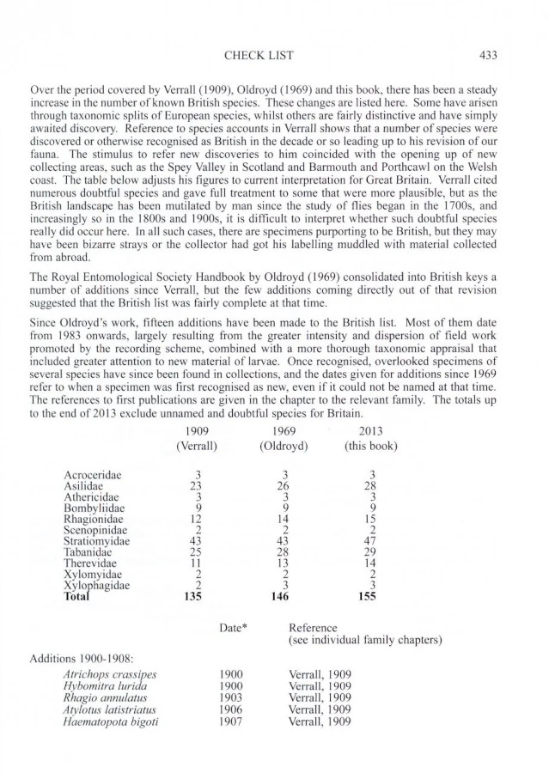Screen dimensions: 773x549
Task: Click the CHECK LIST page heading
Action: point(259,55)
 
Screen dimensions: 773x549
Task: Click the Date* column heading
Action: point(233,627)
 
